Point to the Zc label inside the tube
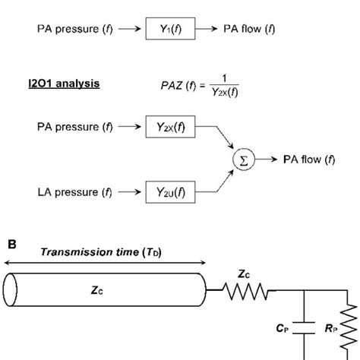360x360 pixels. point(106,289)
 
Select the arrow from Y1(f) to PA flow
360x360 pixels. point(207,31)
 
